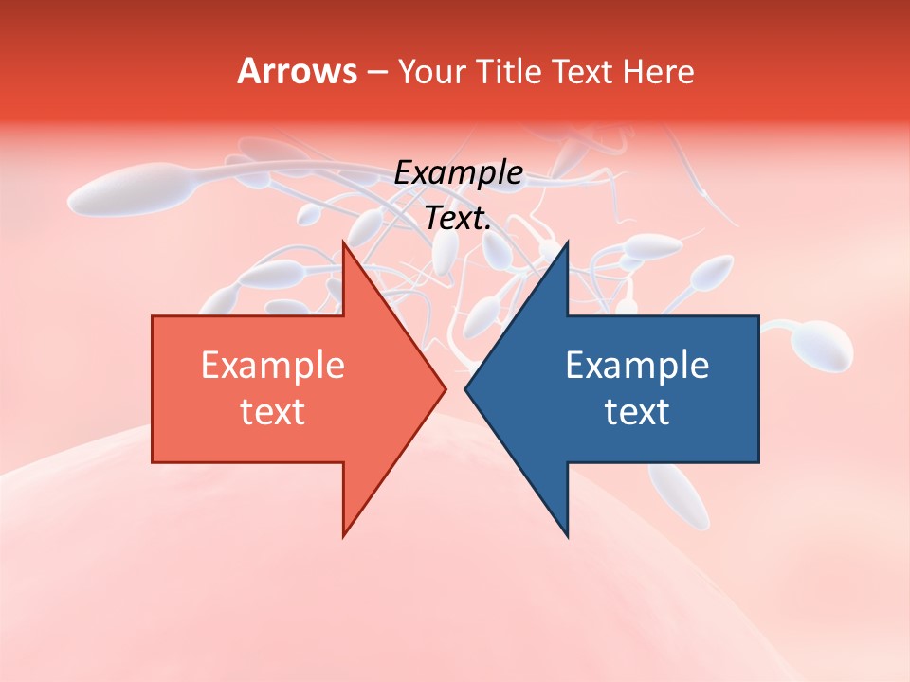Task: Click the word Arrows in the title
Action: click(297, 71)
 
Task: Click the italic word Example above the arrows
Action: click(458, 172)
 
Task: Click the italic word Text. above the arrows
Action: click(458, 219)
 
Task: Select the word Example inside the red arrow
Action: click(273, 365)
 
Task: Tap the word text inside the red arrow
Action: click(273, 411)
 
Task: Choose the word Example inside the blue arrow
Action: click(637, 365)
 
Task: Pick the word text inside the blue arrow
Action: click(637, 411)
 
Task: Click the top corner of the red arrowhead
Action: click(344, 244)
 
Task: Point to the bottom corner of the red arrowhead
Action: click(344, 534)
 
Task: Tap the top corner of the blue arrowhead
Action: click(567, 244)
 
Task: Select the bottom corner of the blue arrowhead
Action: click(567, 534)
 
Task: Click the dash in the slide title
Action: click(376, 72)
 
